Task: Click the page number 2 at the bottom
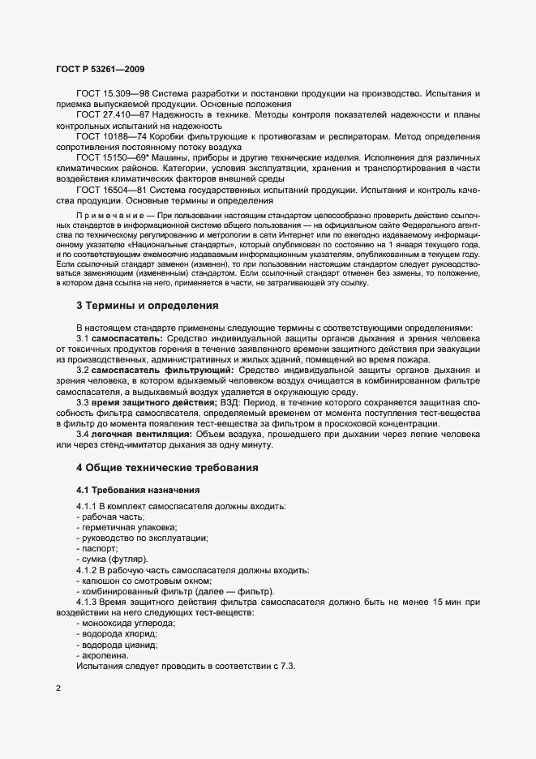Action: pos(58,689)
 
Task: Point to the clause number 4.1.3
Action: pos(87,602)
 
